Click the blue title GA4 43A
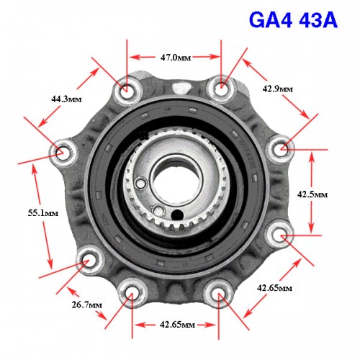click(293, 20)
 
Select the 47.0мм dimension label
click(176, 58)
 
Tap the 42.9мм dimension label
click(277, 89)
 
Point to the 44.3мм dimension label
click(66, 99)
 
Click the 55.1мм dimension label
click(43, 213)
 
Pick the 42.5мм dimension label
click(312, 194)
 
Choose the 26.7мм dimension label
click(87, 305)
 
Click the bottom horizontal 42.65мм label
click(177, 325)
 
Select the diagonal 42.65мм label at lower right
click(274, 287)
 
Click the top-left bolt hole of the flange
click(127, 90)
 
